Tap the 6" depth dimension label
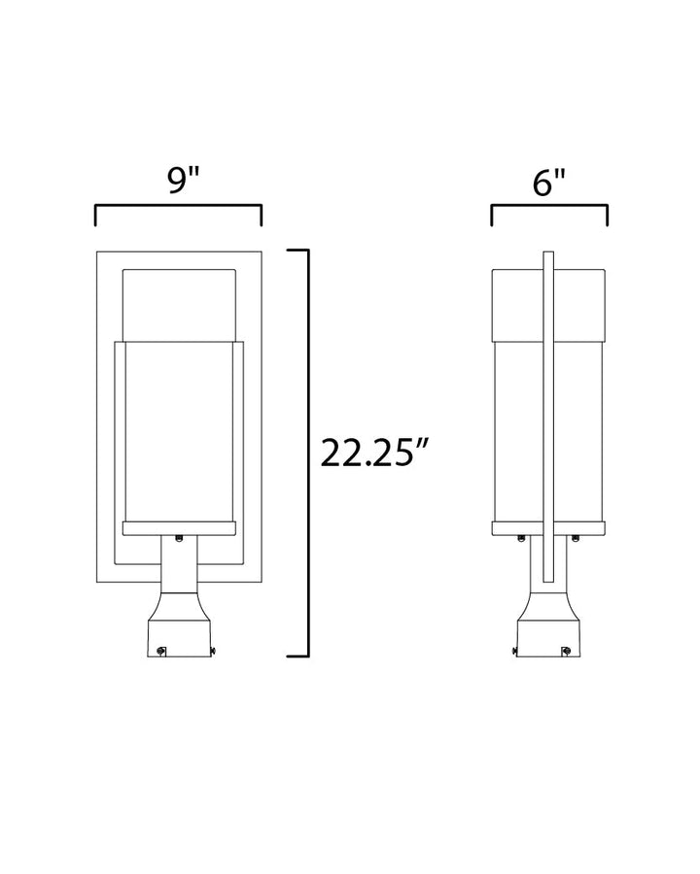click(549, 183)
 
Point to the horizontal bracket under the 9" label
click(178, 207)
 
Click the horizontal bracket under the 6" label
click(549, 207)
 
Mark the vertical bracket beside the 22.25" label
click(307, 453)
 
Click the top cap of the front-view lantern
click(179, 305)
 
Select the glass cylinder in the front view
click(179, 431)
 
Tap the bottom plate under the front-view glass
click(179, 528)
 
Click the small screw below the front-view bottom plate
click(179, 538)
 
